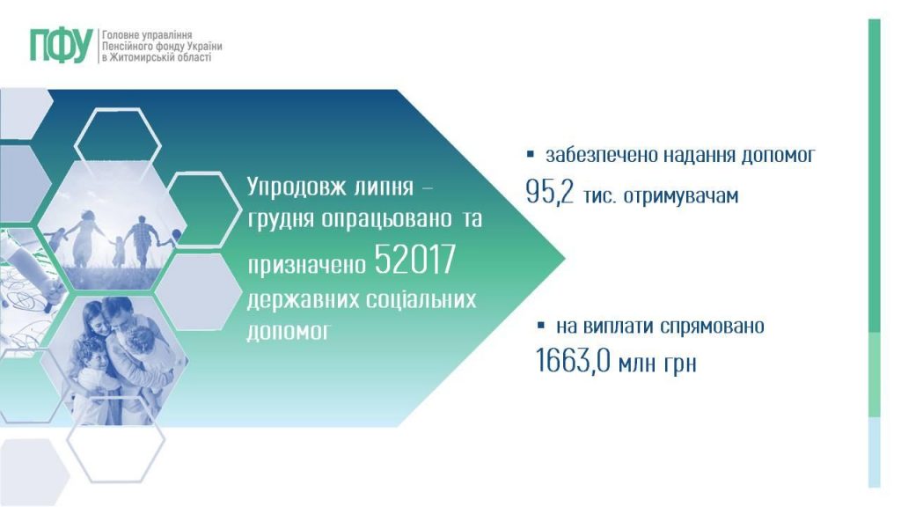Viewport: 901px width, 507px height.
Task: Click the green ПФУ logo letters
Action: [60, 45]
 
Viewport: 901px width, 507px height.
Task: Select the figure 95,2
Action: [550, 194]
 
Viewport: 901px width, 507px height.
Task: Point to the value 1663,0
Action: [574, 362]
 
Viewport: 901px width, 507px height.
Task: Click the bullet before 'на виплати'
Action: [542, 326]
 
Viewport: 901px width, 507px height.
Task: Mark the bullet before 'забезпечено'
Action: [531, 155]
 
